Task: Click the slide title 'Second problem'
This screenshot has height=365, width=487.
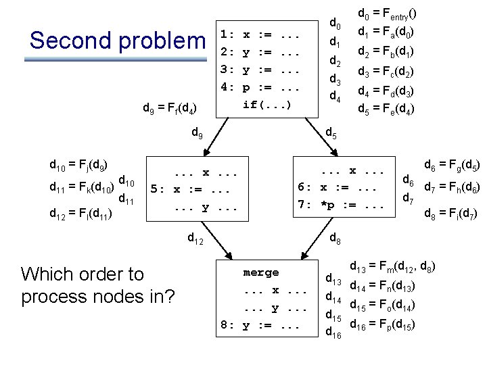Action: click(116, 41)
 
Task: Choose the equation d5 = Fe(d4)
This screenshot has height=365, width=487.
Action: click(386, 107)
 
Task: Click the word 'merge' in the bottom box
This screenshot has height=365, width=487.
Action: click(261, 272)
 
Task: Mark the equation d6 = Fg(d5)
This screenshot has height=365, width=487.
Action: click(452, 164)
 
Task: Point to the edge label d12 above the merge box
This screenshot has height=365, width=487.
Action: click(197, 238)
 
